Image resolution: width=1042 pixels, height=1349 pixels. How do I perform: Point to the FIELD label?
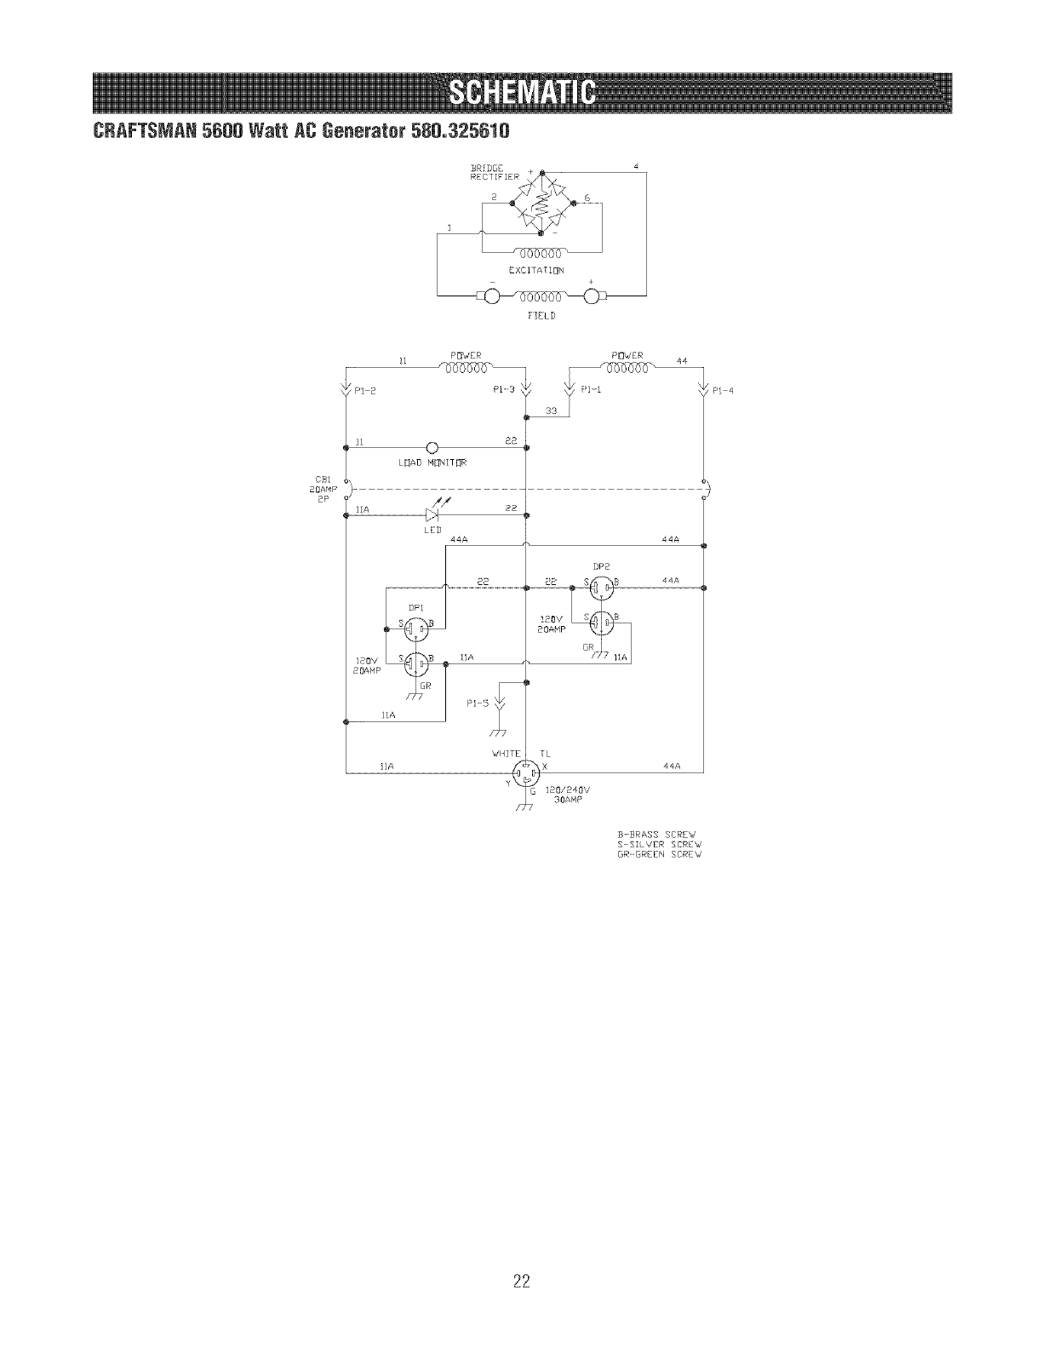point(541,315)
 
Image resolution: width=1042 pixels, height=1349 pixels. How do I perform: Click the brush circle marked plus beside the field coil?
point(593,297)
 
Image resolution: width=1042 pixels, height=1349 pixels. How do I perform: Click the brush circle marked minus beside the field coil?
point(492,297)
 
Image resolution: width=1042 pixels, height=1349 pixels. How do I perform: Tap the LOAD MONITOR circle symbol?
point(432,448)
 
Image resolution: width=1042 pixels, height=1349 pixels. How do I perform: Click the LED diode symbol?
point(431,514)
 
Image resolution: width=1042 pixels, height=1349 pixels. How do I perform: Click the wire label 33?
point(551,410)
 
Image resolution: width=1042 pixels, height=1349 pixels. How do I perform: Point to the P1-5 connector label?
point(478,703)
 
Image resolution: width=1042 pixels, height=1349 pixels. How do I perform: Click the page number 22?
point(521,1256)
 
